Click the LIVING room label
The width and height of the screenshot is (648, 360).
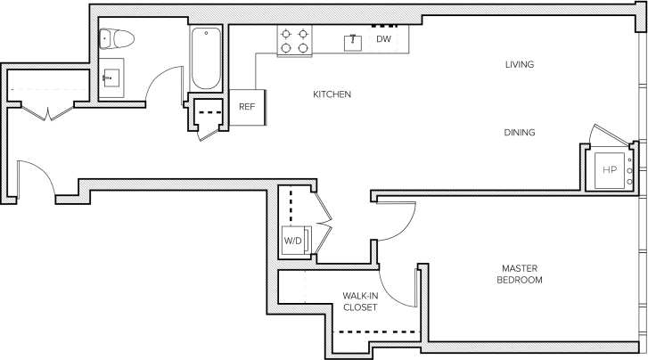pos(519,64)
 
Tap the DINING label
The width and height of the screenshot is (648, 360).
pos(519,133)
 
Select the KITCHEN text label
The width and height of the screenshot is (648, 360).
pos(331,94)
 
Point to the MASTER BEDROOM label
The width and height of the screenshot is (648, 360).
pos(521,274)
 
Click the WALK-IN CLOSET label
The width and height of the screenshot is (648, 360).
pos(360,301)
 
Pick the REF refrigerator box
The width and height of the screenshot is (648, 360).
pos(247,106)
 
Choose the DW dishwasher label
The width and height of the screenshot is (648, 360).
pos(383,39)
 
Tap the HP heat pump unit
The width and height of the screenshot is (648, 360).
pos(610,169)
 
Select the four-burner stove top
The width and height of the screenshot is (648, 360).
pos(294,41)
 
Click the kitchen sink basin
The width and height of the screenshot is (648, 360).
pos(354,40)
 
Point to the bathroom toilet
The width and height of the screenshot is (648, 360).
pos(117,38)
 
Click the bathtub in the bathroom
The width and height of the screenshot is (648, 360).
pos(205,58)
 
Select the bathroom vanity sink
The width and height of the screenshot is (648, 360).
pos(113,77)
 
